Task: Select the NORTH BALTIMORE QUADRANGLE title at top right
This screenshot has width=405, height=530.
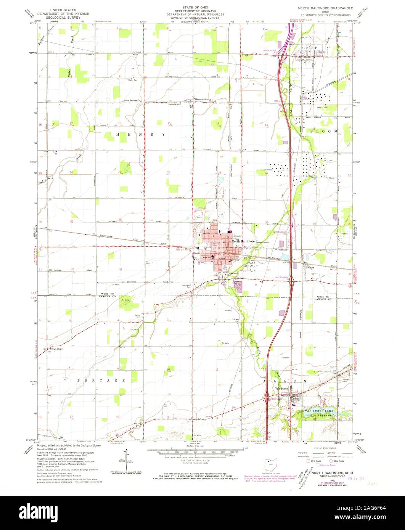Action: (326, 8)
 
